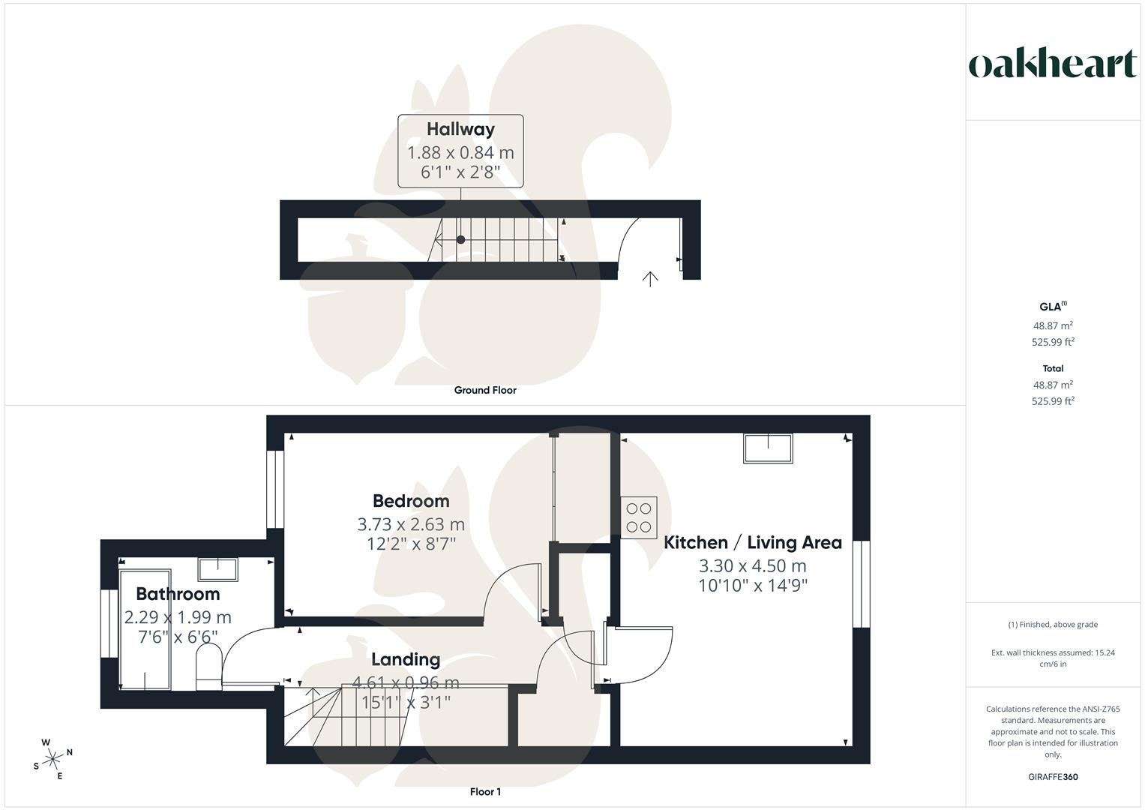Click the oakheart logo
[1052, 64]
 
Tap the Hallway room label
[460, 129]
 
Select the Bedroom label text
[411, 501]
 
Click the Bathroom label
[178, 594]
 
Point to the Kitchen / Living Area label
[752, 542]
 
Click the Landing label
[406, 659]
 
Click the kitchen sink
[768, 448]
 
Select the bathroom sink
[217, 570]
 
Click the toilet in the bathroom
[208, 668]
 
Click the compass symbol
[52, 759]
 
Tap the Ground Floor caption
[485, 390]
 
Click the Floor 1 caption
[485, 792]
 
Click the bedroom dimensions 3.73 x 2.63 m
[411, 523]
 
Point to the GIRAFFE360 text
[1053, 777]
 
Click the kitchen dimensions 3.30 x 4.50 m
[752, 565]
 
